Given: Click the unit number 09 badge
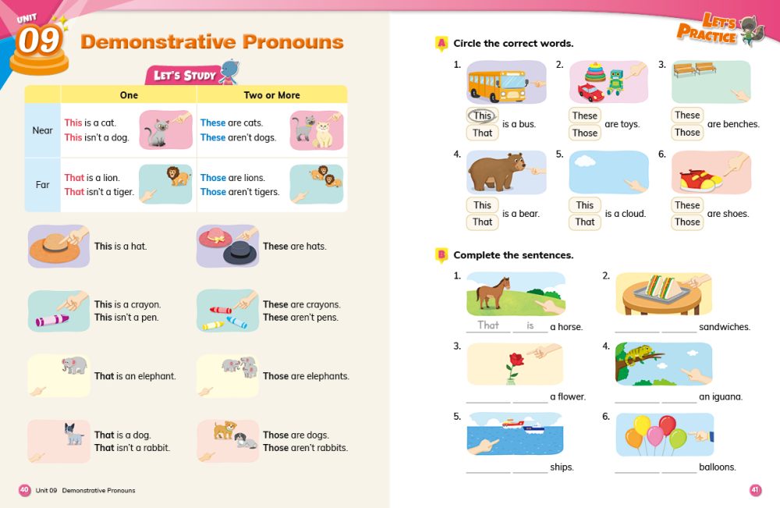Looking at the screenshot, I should pyautogui.click(x=38, y=41).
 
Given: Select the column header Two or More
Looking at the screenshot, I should pyautogui.click(x=271, y=95).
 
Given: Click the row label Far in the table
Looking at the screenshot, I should pyautogui.click(x=43, y=185).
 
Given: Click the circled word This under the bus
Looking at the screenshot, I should pyautogui.click(x=483, y=115).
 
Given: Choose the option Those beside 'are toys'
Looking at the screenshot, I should pyautogui.click(x=584, y=133).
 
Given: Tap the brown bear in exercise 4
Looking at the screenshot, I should pyautogui.click(x=494, y=171).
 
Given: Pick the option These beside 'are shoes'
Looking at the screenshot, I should pyautogui.click(x=687, y=205).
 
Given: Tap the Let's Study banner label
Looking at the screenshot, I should pyautogui.click(x=183, y=75).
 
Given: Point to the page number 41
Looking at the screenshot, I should pyautogui.click(x=755, y=490).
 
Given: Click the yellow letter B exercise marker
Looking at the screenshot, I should pyautogui.click(x=441, y=255).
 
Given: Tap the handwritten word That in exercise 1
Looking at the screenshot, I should pyautogui.click(x=488, y=325).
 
